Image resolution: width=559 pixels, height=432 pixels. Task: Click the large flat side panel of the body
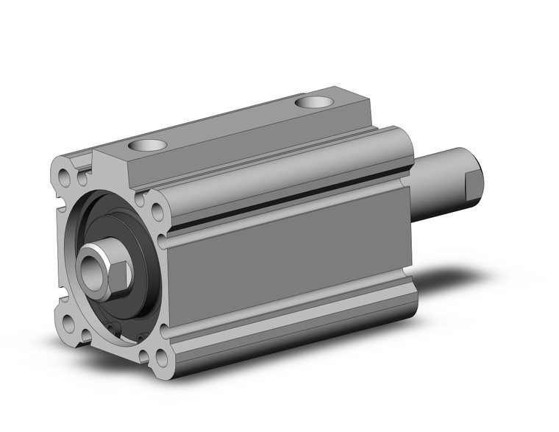[287, 258]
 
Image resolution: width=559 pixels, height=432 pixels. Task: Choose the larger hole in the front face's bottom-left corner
[69, 324]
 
